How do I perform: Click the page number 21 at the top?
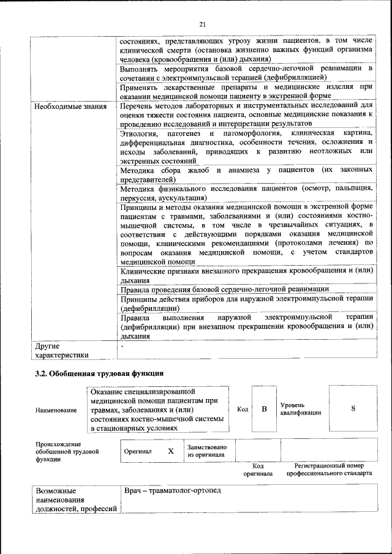click(202, 24)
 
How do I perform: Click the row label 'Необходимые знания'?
click(70, 107)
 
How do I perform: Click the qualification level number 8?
click(353, 409)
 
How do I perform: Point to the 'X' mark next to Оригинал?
click(171, 451)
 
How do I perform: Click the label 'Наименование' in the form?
click(56, 410)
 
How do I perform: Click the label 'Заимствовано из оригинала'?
click(207, 451)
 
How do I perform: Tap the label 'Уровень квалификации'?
click(300, 409)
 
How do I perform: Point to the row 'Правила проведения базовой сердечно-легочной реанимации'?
click(225, 288)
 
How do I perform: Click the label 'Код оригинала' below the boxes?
click(257, 470)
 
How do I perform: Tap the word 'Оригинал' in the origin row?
click(138, 451)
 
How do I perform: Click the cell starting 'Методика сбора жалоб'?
click(246, 174)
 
